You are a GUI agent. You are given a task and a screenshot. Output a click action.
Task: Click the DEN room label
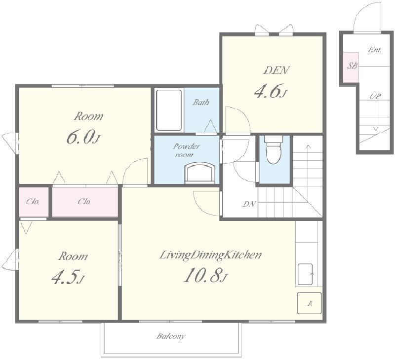(276, 70)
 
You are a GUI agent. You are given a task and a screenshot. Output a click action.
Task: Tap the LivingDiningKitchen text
(211, 255)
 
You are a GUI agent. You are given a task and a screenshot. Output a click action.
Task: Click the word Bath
(201, 102)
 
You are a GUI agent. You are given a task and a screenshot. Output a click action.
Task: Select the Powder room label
(187, 150)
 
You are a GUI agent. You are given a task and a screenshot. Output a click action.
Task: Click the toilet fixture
(274, 150)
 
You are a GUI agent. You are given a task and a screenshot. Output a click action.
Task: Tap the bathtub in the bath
(169, 110)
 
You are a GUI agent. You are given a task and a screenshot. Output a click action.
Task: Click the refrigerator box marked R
(310, 303)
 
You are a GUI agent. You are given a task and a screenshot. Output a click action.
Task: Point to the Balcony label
(171, 336)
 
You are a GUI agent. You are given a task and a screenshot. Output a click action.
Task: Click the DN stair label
(249, 204)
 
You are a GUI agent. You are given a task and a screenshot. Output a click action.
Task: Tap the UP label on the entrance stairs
(375, 96)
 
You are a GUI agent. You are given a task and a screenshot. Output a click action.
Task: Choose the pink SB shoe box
(351, 67)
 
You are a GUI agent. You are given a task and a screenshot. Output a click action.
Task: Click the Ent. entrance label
(374, 50)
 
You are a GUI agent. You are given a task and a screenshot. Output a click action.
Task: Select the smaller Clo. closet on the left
(34, 202)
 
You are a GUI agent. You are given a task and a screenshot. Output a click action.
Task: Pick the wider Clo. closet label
(84, 202)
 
